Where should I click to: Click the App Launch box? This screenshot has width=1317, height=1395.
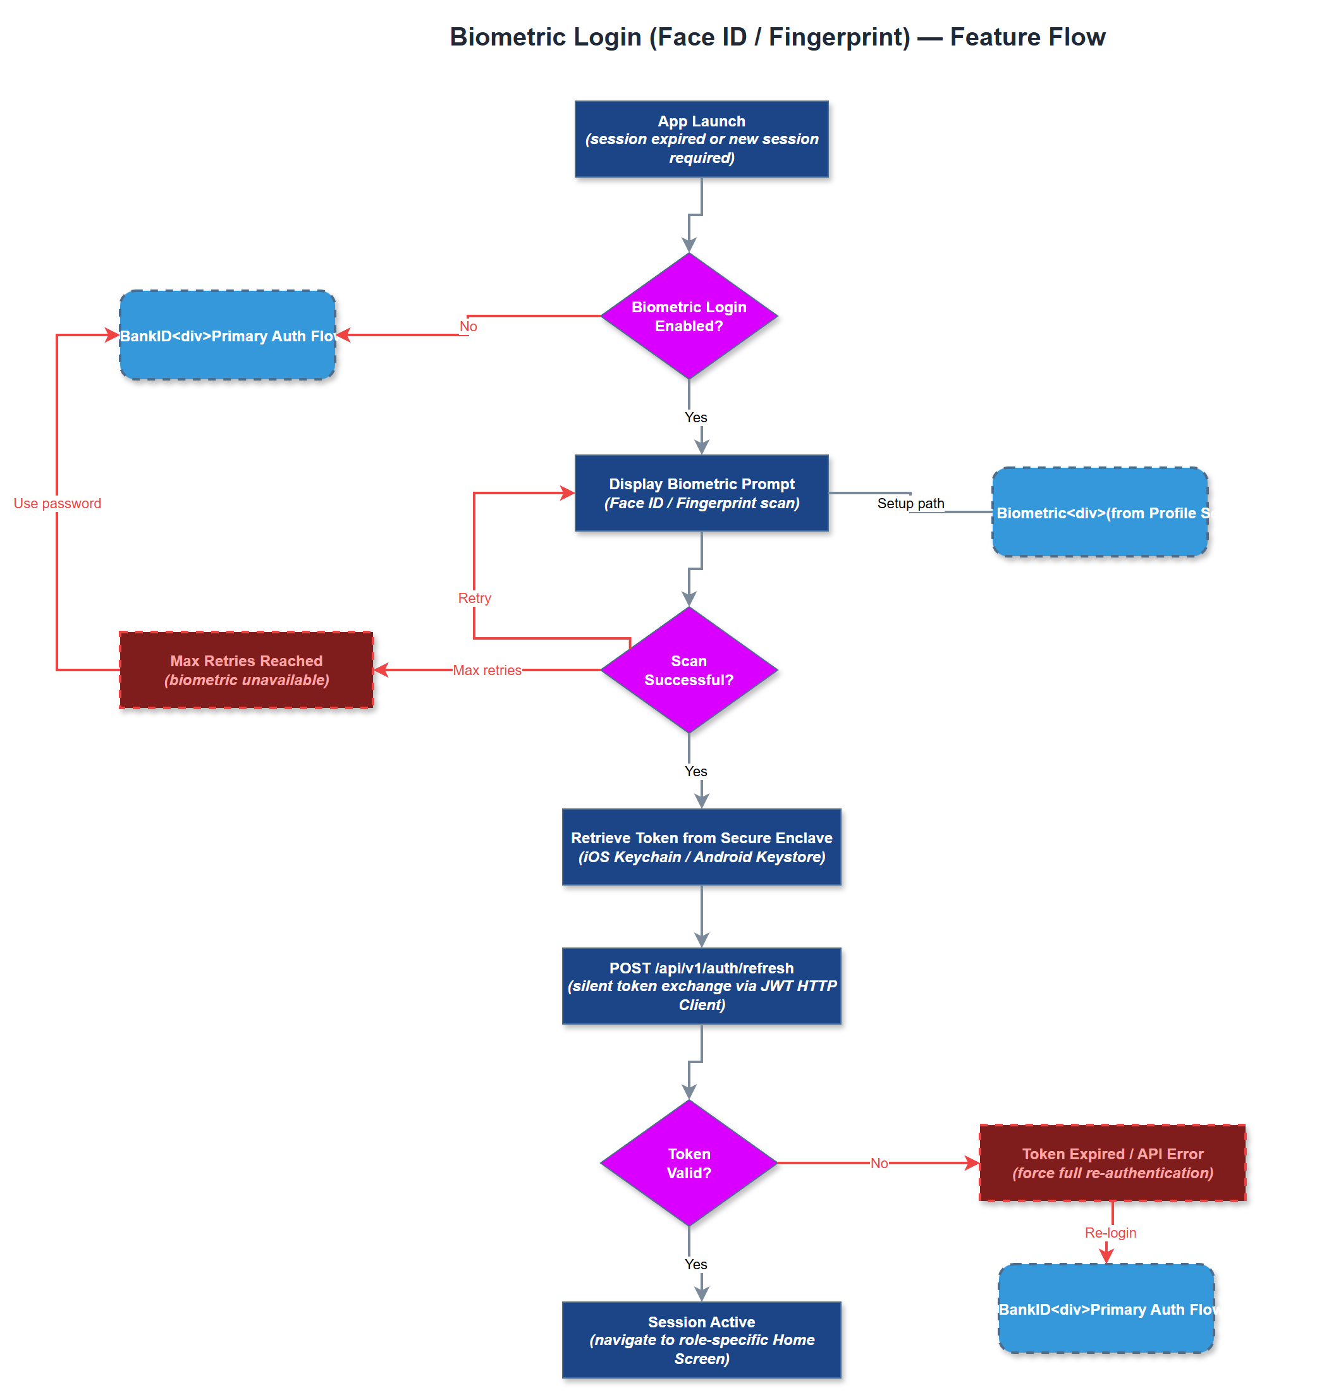pos(701,139)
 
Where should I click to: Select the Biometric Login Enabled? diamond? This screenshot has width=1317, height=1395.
pos(689,317)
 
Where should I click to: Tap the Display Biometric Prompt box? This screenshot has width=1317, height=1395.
pos(701,493)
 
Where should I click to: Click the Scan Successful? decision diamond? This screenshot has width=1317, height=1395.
pos(689,670)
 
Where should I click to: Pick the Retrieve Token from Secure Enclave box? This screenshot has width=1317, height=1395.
pos(701,847)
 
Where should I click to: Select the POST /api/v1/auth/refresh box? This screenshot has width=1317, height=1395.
pos(701,986)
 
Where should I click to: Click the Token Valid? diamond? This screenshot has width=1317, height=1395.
pos(689,1163)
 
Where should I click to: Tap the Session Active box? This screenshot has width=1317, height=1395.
pos(701,1339)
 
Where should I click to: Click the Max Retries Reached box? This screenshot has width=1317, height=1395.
pos(247,670)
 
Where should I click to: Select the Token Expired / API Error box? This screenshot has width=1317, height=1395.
pos(1112,1163)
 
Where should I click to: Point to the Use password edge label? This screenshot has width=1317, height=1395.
pos(58,503)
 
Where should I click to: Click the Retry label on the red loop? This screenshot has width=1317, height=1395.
pos(475,598)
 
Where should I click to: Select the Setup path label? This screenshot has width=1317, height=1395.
pos(910,503)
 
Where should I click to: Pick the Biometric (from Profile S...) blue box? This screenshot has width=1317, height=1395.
pos(1100,512)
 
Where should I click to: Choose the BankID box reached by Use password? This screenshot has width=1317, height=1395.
pos(228,336)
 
